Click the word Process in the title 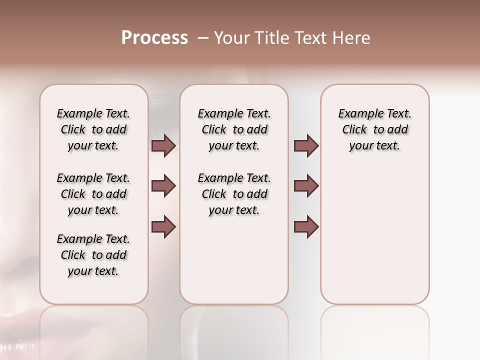pyautogui.click(x=154, y=38)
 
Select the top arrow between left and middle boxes pyautogui.click(x=163, y=146)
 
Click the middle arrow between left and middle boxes pyautogui.click(x=163, y=186)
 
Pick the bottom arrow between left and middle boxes pyautogui.click(x=163, y=227)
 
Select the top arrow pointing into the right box pyautogui.click(x=306, y=146)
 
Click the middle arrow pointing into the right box pyautogui.click(x=306, y=186)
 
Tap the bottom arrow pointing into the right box pyautogui.click(x=306, y=227)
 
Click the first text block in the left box pyautogui.click(x=93, y=129)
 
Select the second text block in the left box pyautogui.click(x=93, y=194)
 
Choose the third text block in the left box pyautogui.click(x=93, y=255)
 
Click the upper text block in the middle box pyautogui.click(x=234, y=129)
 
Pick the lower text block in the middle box pyautogui.click(x=234, y=194)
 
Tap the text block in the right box pyautogui.click(x=374, y=129)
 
